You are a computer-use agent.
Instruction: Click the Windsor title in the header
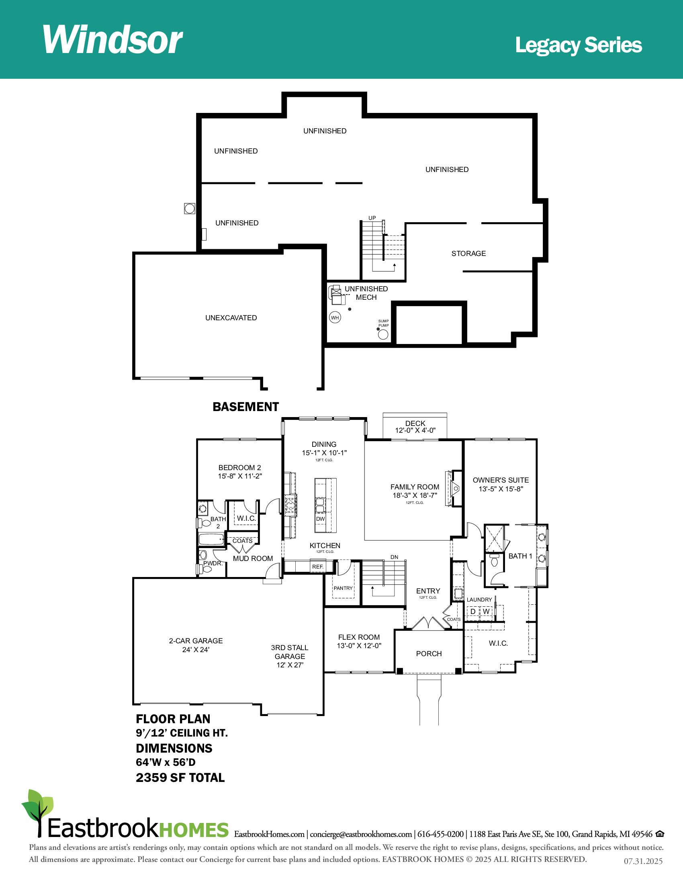(112, 40)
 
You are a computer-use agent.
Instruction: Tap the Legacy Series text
(578, 45)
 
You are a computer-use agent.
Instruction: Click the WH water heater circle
(335, 317)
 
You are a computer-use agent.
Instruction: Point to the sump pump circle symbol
(383, 334)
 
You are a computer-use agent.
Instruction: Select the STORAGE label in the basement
(468, 254)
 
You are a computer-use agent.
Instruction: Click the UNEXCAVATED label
(231, 318)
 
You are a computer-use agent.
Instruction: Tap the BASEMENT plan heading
(245, 407)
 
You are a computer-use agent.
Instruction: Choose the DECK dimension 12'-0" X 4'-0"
(415, 430)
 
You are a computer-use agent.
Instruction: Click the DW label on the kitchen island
(321, 519)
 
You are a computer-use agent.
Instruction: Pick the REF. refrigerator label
(318, 567)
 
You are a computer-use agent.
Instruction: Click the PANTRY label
(343, 588)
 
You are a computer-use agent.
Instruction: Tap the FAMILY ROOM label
(415, 487)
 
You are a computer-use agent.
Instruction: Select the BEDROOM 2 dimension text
(240, 477)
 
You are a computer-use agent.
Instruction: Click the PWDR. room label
(213, 563)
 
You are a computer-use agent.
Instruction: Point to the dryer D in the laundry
(472, 611)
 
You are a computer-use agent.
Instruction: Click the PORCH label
(429, 654)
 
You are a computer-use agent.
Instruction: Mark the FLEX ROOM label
(359, 637)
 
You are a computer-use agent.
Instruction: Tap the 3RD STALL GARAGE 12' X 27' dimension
(290, 665)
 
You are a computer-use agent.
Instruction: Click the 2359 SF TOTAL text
(180, 778)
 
